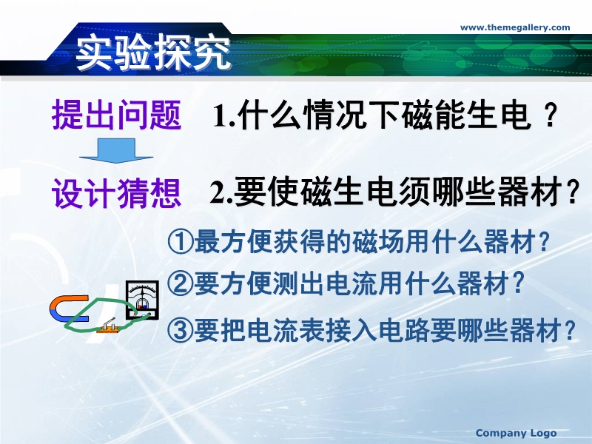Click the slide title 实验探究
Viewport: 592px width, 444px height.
153,52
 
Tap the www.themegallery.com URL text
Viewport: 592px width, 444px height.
515,27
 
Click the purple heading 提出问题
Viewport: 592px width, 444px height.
116,115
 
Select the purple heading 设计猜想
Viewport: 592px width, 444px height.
116,193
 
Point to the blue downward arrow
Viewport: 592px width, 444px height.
116,151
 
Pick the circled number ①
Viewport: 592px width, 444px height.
180,242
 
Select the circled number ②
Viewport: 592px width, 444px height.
180,284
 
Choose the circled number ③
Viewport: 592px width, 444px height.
180,329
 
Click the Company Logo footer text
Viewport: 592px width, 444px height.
516,433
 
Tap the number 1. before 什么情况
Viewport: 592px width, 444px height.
224,116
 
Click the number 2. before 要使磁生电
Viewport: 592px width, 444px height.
221,192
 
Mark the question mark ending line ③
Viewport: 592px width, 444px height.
569,329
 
